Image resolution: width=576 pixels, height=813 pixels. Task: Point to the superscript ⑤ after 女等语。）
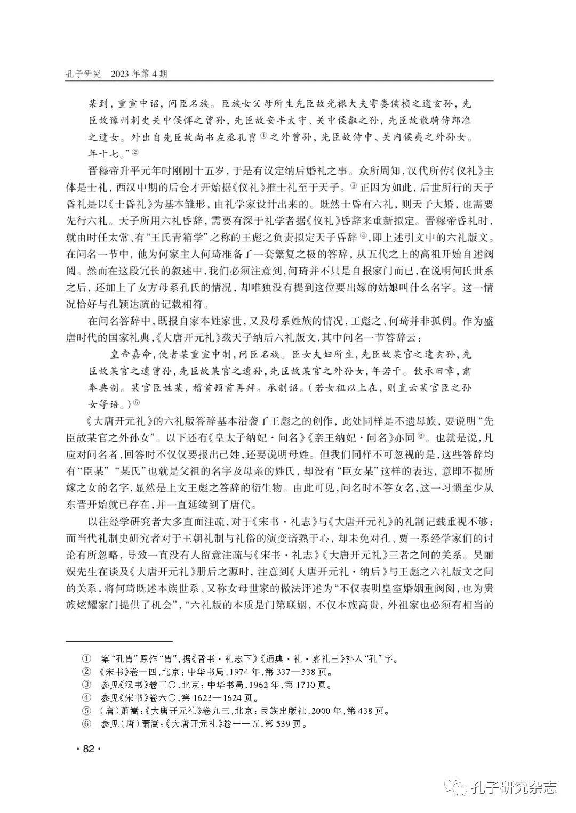pyautogui.click(x=136, y=403)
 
